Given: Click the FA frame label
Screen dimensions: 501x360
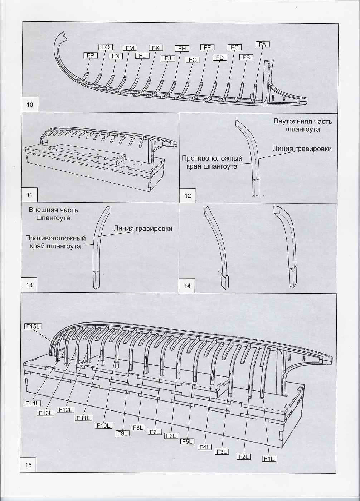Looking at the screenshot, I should (x=262, y=44).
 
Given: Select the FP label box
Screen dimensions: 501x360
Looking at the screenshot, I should (x=90, y=55).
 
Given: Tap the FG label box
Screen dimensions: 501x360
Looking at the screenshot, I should (x=193, y=60).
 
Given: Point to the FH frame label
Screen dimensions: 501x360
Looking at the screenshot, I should (x=182, y=48).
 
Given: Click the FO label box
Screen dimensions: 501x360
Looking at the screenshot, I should (x=106, y=47).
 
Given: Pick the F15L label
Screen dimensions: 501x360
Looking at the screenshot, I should (x=33, y=326).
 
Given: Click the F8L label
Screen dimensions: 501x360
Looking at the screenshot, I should (x=138, y=428).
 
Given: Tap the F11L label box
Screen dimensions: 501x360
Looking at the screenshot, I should (x=83, y=418).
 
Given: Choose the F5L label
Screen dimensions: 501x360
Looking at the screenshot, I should (x=188, y=442).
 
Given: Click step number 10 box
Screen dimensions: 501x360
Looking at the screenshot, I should (x=30, y=104).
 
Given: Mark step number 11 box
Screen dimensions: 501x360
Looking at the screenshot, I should (x=30, y=195).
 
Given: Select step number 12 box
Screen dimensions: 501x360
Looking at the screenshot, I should (x=188, y=195).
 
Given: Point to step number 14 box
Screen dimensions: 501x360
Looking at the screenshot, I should (x=187, y=286).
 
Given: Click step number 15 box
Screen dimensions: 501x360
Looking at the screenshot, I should (x=29, y=465).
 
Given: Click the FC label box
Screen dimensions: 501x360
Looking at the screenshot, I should (x=234, y=47).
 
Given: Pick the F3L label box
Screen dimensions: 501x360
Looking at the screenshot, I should (x=222, y=452).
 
